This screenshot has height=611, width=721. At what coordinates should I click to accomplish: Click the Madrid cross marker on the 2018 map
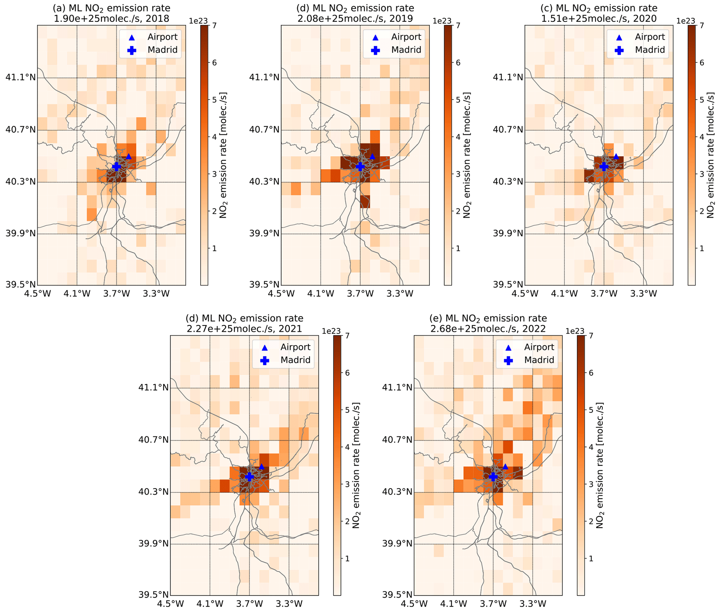117,167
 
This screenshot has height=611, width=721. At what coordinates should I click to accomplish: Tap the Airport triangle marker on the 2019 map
372,156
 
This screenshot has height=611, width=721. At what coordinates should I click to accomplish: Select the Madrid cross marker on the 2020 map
604,167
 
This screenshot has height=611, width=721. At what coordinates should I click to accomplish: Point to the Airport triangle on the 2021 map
262,467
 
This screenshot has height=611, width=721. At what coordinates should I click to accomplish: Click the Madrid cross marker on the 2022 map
493,477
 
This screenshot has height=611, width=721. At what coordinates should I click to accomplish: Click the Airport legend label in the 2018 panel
162,37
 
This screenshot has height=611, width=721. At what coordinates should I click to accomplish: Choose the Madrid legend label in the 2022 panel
539,360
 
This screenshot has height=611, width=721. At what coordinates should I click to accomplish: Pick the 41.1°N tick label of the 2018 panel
21,77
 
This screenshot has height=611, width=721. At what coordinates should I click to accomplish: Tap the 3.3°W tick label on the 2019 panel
399,293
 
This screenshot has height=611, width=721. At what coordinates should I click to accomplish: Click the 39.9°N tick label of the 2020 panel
508,233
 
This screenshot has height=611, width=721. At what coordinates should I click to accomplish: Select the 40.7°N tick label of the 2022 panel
397,440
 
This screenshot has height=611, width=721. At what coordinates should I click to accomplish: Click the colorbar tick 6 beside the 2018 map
214,63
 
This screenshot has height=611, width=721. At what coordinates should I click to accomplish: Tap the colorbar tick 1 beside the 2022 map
591,559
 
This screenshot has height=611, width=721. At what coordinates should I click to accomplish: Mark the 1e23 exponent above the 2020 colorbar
686,21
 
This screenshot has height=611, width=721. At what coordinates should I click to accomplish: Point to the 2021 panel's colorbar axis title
356,465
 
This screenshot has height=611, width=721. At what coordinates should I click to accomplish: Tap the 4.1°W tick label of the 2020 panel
564,293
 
